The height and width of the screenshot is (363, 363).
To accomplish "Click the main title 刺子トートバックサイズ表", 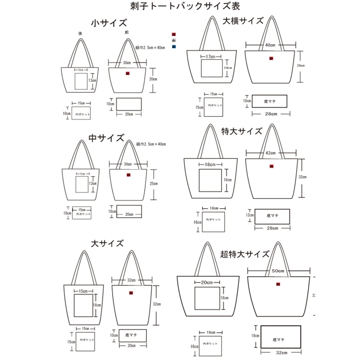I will point(185,6).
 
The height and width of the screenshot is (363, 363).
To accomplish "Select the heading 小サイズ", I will point(109,23).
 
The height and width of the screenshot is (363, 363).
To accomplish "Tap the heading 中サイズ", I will point(106,138).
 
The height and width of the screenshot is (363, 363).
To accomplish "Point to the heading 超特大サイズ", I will point(245,254).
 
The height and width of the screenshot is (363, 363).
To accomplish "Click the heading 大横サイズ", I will point(243,21).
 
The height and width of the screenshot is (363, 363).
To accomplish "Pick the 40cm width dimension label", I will point(270,45).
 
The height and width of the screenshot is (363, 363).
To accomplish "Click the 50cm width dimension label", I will point(278,271).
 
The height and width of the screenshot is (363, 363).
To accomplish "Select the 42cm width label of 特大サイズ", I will point(270,153).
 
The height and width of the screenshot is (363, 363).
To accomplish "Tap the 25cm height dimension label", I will point(154,184).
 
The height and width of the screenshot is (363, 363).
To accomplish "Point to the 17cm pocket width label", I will point(211,57).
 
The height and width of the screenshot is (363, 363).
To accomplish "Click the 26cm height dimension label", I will point(301,66).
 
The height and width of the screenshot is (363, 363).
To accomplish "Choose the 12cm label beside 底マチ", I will point(250,215).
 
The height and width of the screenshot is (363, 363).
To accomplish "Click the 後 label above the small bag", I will point(80,34).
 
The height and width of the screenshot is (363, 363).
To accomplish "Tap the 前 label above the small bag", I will point(127,32).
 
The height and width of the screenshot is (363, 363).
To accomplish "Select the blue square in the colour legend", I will point(174,47).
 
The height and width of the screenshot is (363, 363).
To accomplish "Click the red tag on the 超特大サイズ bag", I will point(278,284).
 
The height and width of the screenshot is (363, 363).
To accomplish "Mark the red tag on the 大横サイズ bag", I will point(271,58).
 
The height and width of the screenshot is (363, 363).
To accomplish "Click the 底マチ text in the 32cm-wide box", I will point(278,340).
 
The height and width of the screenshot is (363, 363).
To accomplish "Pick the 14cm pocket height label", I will point(228,68).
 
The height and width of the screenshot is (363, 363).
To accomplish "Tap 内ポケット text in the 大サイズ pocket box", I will point(87,340).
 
